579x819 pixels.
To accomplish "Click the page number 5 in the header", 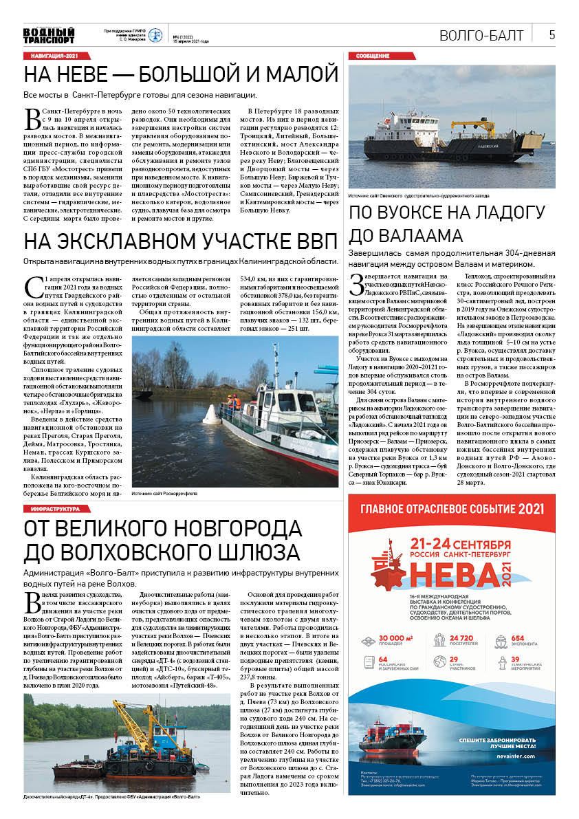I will [x=551, y=35].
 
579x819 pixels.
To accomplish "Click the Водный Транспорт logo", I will [x=49, y=35].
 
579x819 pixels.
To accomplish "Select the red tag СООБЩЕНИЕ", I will [x=373, y=55].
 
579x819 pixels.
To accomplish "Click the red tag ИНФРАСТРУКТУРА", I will [x=60, y=508].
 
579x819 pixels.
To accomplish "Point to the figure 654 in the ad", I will [x=516, y=639].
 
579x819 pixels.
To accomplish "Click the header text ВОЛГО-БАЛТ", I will [x=481, y=36].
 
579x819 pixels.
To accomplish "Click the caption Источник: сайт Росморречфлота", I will [x=165, y=492].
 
